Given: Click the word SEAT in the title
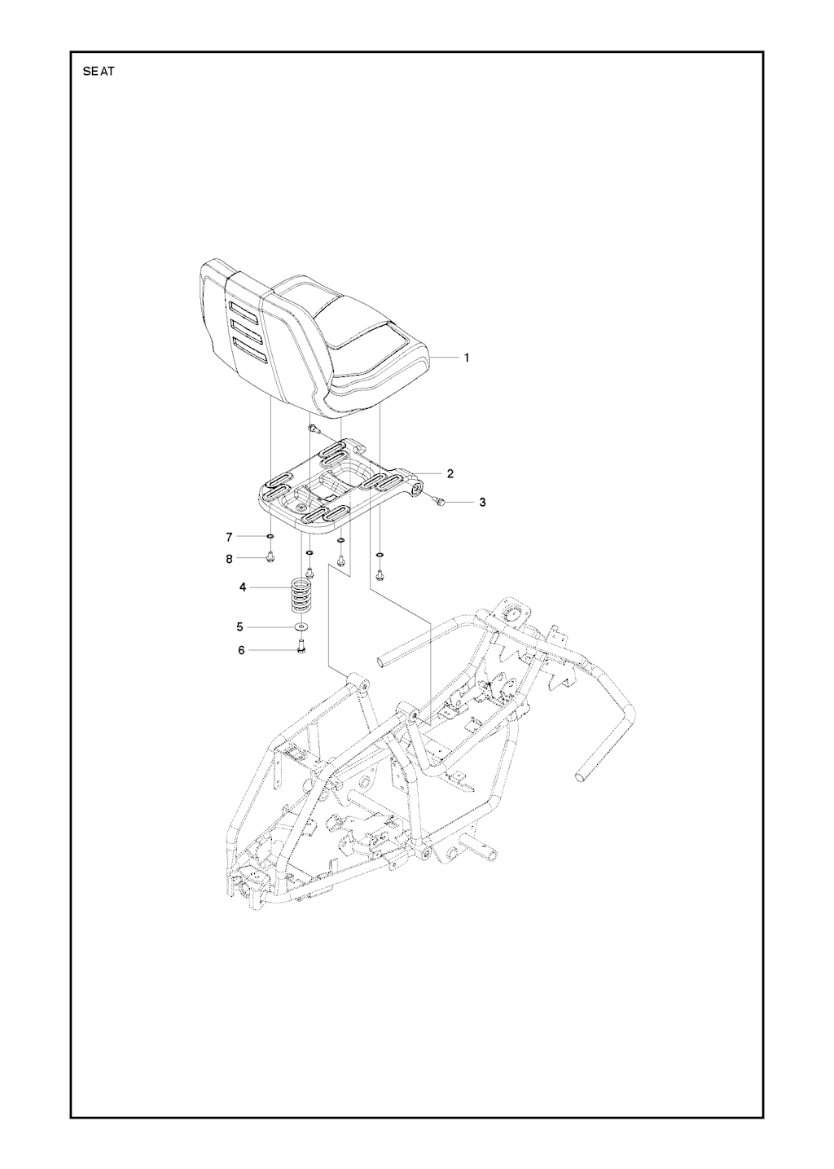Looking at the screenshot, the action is click(98, 72).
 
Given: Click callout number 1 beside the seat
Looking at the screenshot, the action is click(467, 358).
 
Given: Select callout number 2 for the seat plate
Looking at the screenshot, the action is click(450, 474).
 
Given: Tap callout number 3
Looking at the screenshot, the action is click(482, 502).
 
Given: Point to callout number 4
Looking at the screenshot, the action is click(242, 587).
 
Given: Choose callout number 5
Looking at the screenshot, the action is click(240, 626).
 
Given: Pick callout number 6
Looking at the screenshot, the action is click(241, 650).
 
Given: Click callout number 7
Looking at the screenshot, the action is click(229, 536).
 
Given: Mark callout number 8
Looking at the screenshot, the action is click(229, 558).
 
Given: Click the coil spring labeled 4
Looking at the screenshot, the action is click(300, 595).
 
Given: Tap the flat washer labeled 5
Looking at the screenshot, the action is click(301, 625).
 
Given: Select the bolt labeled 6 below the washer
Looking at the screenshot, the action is click(301, 645).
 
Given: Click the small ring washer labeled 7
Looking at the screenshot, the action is click(270, 536).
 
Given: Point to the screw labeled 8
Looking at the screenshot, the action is click(270, 558).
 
